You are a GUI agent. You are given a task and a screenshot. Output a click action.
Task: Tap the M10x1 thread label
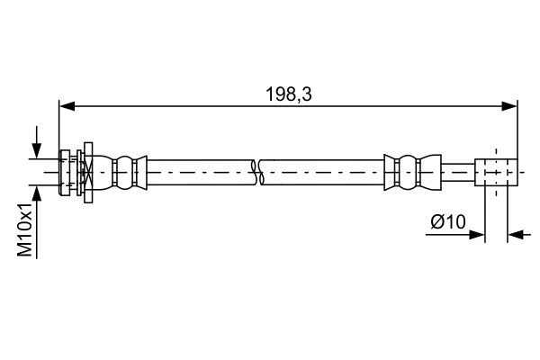point(27,229)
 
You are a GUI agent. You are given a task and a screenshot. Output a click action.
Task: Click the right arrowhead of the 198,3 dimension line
point(510,105)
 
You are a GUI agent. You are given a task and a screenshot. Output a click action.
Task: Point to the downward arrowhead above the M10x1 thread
point(37,150)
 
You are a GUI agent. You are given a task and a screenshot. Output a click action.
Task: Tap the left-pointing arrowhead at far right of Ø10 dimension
point(515,236)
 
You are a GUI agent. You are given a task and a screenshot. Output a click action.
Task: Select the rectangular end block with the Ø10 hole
point(496,171)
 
